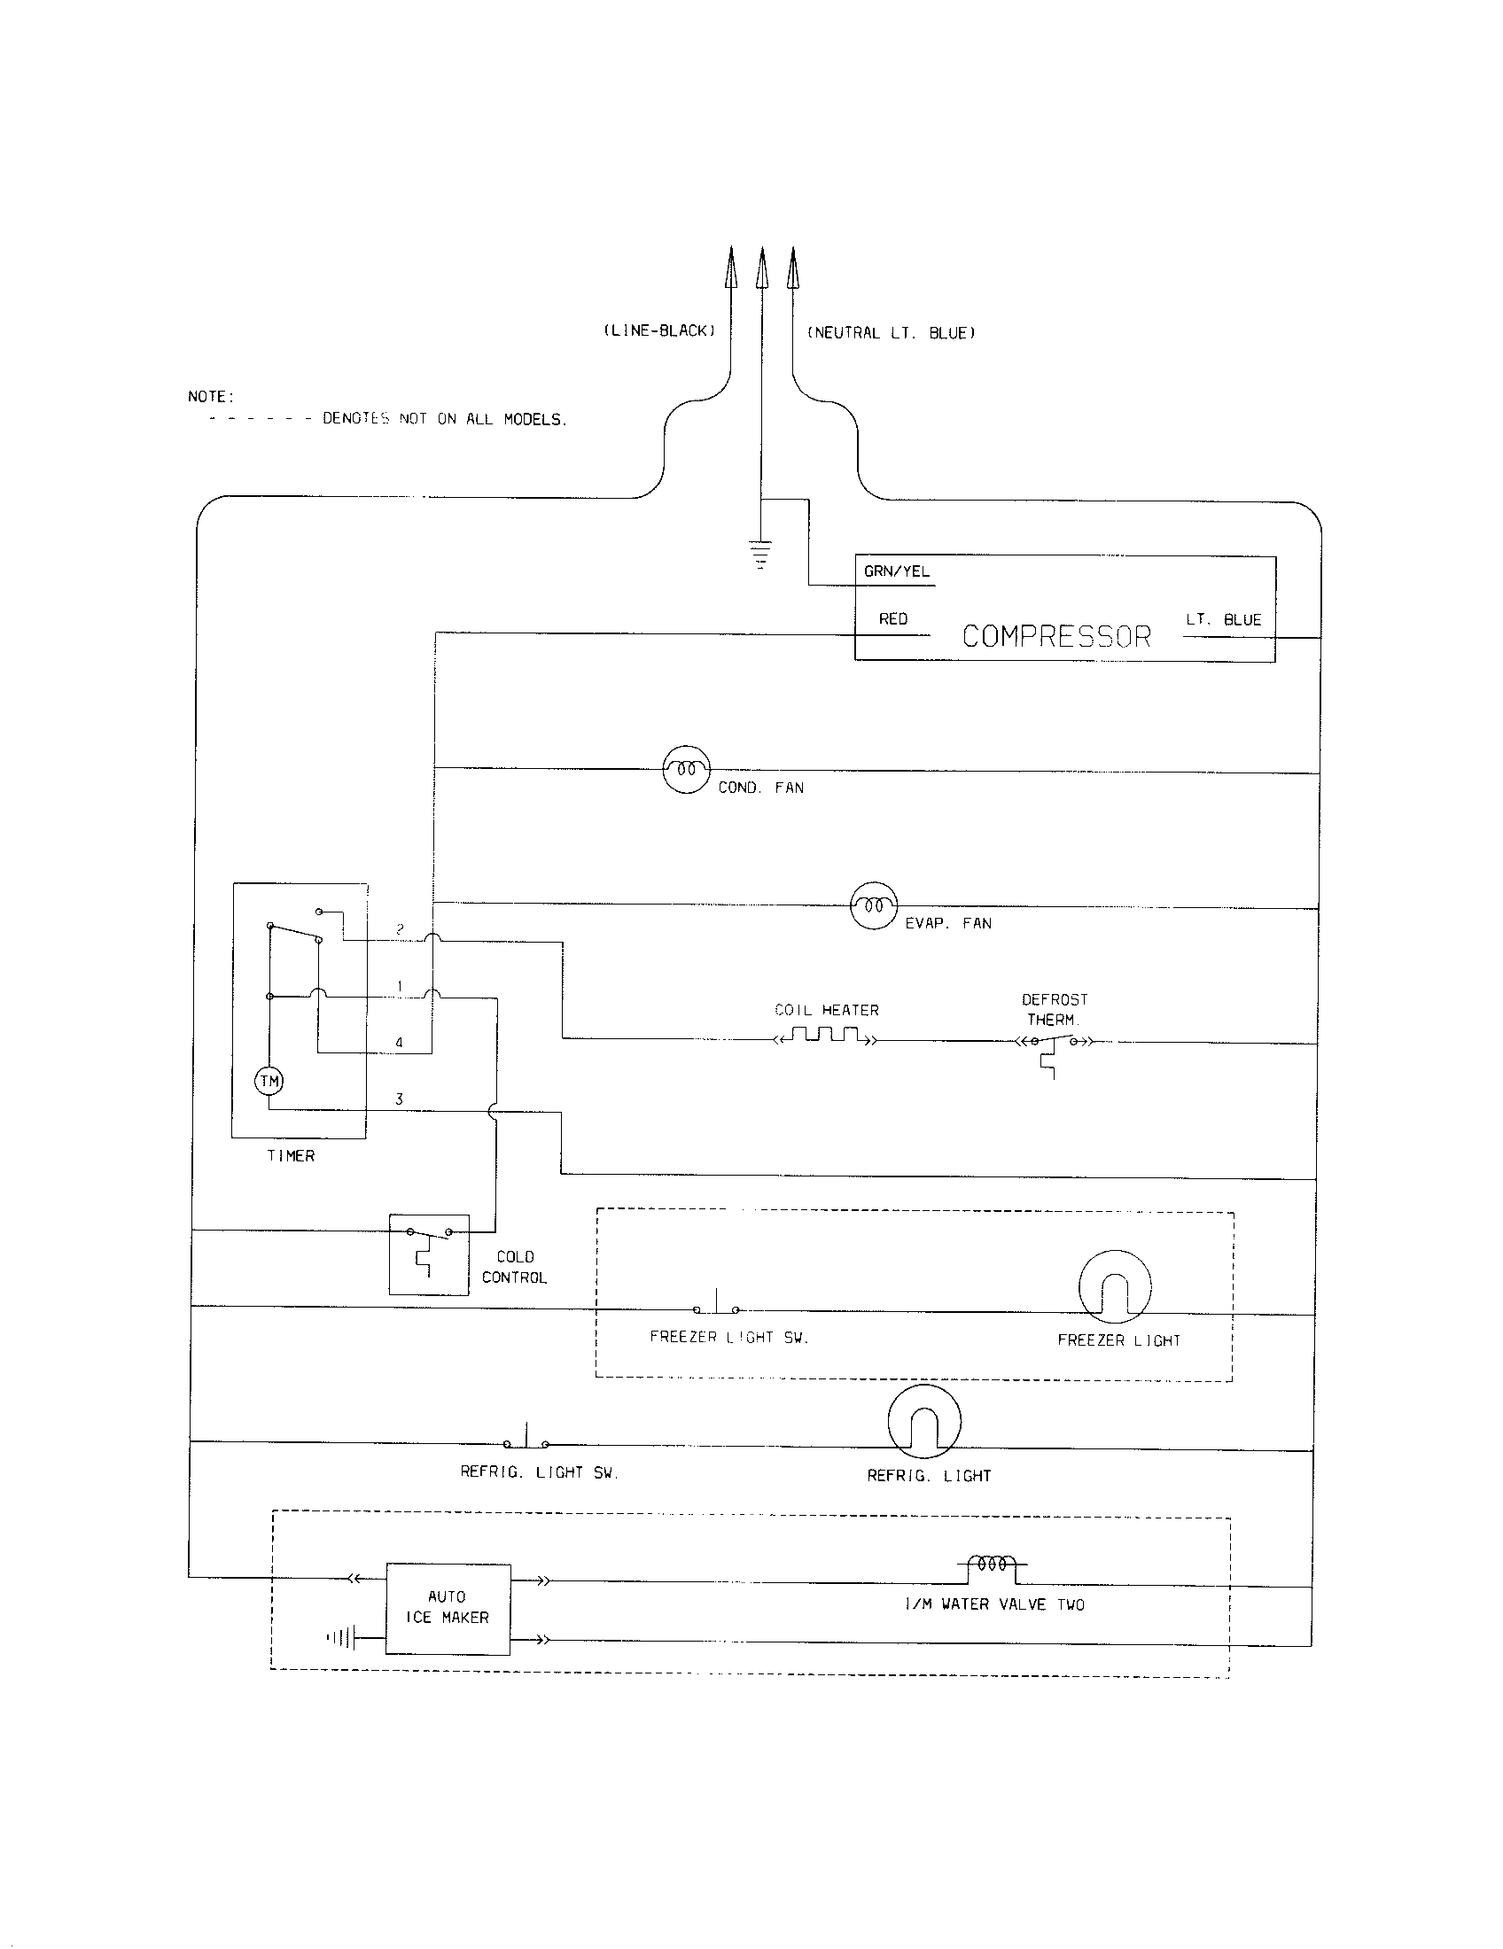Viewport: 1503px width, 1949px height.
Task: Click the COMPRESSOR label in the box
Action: tap(1056, 636)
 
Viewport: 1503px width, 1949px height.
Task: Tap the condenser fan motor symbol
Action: tap(686, 768)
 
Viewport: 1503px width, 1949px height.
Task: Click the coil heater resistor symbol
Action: tap(827, 1037)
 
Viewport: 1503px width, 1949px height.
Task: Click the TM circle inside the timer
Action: tap(269, 1082)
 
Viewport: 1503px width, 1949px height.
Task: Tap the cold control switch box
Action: tap(428, 1254)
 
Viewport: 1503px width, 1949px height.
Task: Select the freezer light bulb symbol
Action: tap(1115, 1286)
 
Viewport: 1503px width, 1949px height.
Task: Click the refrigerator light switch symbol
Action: tap(526, 1441)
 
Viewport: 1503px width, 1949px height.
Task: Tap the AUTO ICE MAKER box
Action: tap(448, 1607)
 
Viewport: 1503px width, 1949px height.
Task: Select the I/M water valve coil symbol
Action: tap(992, 1564)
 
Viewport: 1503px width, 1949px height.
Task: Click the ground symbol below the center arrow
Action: tap(759, 555)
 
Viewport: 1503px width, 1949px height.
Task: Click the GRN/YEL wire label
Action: tap(896, 571)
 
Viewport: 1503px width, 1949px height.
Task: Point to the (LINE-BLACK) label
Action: tap(659, 331)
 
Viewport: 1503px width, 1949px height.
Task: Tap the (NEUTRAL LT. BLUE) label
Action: tap(891, 333)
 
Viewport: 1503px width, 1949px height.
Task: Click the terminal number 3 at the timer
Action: tap(399, 1099)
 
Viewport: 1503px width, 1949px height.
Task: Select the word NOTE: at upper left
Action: tap(211, 396)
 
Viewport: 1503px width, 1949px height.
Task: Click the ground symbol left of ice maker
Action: tap(343, 1637)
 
